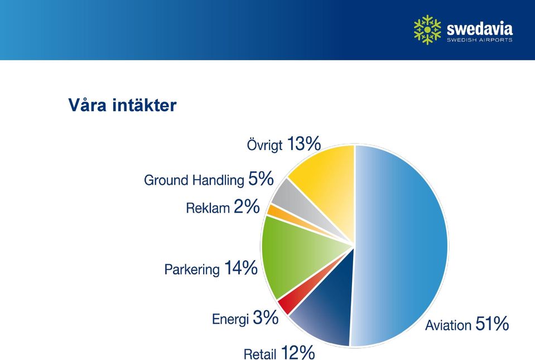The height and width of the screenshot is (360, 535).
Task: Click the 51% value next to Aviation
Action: pos(492,323)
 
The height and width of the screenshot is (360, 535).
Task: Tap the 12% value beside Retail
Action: pos(297,352)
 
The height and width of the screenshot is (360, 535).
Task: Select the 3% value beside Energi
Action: pos(266,318)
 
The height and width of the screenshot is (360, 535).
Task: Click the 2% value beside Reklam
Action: pos(247,207)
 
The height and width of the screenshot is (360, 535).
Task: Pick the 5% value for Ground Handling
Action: pos(261,179)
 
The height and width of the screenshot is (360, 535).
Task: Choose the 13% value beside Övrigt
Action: pos(304,143)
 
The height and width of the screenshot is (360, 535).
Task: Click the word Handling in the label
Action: pos(218,180)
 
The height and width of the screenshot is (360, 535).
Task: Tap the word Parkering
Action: pos(192,270)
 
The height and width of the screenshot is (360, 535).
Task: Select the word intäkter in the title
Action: pos(144,105)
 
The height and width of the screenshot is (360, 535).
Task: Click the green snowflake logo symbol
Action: pos(427,30)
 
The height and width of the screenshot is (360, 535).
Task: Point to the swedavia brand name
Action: pos(480,28)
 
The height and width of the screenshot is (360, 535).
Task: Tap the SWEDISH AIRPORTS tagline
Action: pos(480,40)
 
